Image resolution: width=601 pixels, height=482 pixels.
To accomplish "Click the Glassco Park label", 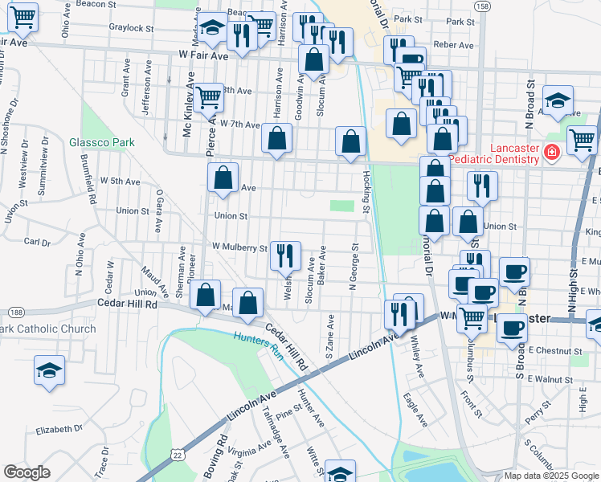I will coord(101,142).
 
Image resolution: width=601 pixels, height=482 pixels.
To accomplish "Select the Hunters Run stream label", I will coord(258,339).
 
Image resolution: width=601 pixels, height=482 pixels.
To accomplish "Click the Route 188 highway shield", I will coord(15,312).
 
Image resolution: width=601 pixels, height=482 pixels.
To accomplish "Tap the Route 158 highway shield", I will coord(481,6).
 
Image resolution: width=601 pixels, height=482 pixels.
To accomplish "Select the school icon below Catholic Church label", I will coord(49,370).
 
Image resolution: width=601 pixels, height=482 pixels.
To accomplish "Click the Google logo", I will coord(27,472).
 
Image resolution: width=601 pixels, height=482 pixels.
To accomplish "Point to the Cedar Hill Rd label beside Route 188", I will coord(129,303).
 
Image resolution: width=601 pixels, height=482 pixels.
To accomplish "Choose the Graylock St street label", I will coord(131,27).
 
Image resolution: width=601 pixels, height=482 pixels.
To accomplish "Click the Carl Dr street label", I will coord(37,241).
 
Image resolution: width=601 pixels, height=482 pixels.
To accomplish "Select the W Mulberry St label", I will coord(239,247).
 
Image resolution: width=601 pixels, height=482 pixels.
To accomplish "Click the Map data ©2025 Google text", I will coord(551,476).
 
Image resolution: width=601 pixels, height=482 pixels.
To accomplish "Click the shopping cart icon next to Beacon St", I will coord(23,15).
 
